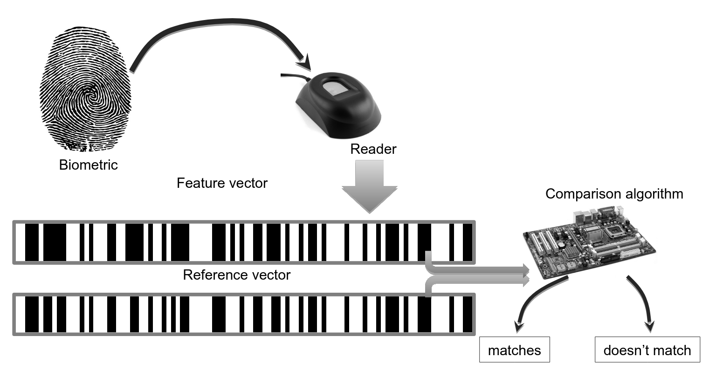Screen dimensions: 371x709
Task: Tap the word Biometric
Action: click(x=88, y=165)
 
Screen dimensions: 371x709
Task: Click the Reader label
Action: click(x=373, y=149)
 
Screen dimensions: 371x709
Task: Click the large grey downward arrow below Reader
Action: click(x=370, y=186)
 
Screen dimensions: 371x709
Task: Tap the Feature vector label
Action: click(x=222, y=183)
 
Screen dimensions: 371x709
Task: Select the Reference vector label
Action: click(x=236, y=275)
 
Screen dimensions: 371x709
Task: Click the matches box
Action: click(x=514, y=350)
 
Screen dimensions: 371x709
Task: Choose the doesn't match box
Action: click(x=647, y=350)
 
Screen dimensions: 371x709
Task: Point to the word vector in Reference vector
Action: click(x=268, y=275)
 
